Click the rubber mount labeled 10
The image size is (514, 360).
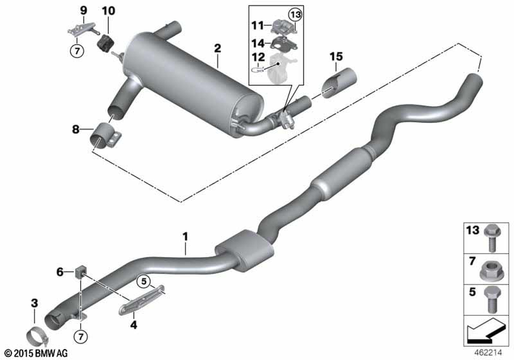tap(105, 43)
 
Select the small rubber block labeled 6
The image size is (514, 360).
tap(80, 271)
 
